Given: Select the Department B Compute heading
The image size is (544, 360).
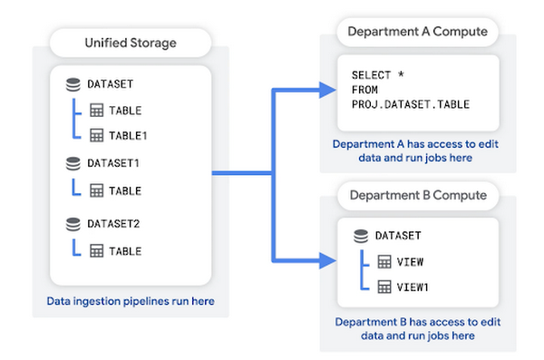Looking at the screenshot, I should point(416,195).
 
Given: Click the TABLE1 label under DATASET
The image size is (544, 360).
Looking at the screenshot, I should point(129,135).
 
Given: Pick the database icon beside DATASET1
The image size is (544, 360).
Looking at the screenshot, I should point(73,163).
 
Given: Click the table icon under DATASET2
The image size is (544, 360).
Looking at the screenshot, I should point(97,249).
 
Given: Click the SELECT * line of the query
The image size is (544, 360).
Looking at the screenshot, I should point(374,73).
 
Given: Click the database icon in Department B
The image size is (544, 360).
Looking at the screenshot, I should point(361,236).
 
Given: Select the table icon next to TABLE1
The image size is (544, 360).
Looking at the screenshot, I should point(97,135).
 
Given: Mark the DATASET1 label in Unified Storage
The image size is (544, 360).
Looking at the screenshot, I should point(113,163).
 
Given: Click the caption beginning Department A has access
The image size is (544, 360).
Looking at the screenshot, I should point(416,151).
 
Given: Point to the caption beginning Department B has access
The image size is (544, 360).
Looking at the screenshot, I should point(416,328).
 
